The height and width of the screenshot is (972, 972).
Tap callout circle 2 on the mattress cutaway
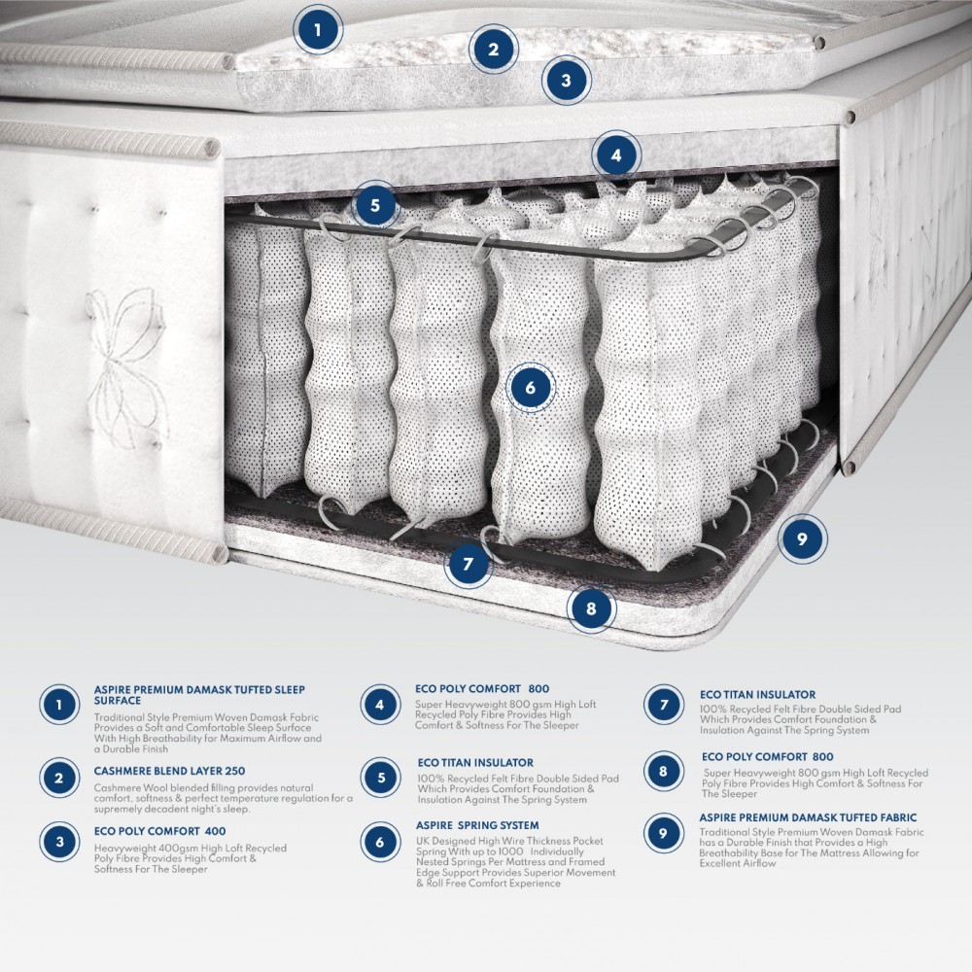click(494, 49)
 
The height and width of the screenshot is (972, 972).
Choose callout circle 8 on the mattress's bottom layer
click(591, 609)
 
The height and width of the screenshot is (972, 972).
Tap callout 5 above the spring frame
click(375, 205)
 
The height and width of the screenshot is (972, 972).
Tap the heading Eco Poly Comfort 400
click(159, 831)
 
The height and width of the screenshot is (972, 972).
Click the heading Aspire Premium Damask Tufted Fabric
click(808, 818)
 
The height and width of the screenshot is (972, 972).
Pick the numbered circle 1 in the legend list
click(60, 705)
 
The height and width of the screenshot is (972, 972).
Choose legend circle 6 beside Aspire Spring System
click(380, 842)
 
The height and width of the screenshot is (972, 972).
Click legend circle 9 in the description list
click(664, 833)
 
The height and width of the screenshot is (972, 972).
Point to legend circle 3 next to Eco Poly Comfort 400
click(60, 842)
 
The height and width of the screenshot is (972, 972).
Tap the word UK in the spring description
click(424, 841)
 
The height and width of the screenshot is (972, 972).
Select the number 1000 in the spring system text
click(498, 851)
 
